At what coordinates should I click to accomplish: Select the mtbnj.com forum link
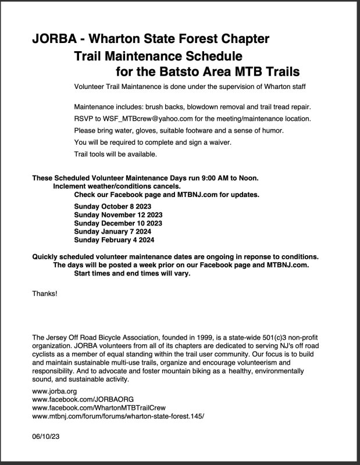point(119,417)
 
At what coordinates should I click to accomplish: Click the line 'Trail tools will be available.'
point(116,154)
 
